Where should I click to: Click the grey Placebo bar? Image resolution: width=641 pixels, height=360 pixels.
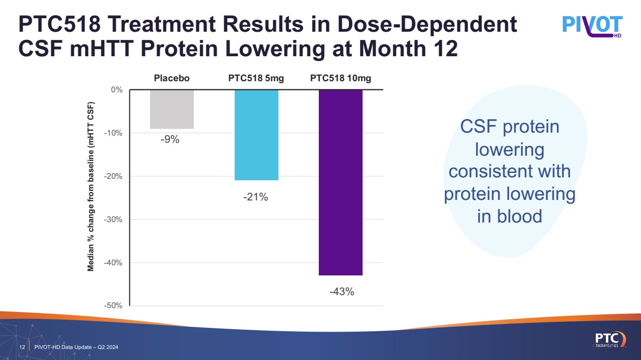(172, 109)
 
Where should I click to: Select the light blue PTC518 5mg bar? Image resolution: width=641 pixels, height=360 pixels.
(256, 135)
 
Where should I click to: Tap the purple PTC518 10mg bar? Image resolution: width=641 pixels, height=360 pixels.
(340, 183)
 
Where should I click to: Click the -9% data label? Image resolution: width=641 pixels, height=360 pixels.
(170, 140)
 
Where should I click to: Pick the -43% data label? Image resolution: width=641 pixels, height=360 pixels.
(341, 291)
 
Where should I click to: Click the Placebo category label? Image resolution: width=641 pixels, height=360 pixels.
(172, 78)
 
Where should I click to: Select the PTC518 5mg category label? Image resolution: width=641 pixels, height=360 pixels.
(256, 78)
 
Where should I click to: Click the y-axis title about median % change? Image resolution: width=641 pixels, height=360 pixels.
(91, 187)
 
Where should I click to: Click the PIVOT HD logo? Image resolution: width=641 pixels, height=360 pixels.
(592, 26)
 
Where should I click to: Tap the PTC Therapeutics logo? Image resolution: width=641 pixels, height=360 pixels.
(609, 338)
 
